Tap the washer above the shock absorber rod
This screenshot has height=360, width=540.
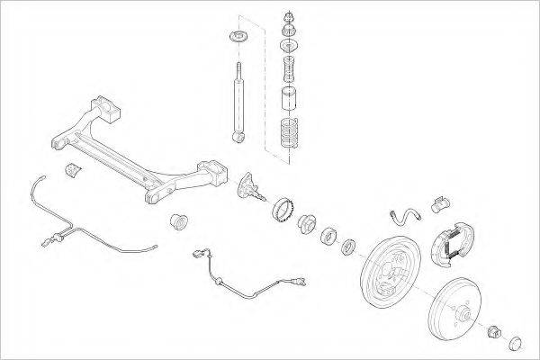pos(239,37)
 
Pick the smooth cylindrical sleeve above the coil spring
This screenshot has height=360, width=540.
pos(290,98)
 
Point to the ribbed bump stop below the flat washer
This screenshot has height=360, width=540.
pos(290,67)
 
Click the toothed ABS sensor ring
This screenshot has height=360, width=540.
pos(284,211)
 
